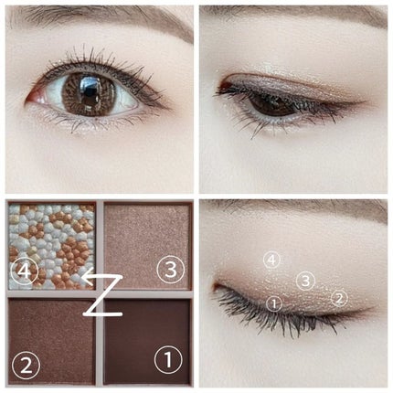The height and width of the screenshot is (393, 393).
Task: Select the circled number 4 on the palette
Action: (x=25, y=271)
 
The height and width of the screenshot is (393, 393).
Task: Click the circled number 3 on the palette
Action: (x=171, y=270)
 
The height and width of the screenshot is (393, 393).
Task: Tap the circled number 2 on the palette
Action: (x=27, y=365)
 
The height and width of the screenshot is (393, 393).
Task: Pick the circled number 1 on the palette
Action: (x=168, y=360)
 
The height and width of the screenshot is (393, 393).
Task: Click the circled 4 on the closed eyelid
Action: (x=271, y=260)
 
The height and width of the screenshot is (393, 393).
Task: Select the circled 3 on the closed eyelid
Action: (x=305, y=281)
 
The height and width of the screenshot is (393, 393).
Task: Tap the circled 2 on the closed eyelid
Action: (x=339, y=298)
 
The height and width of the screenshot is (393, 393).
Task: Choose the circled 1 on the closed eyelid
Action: (x=274, y=303)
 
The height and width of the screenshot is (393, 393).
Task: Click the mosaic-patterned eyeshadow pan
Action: (x=52, y=246)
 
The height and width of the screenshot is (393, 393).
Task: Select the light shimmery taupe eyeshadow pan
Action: (x=147, y=246)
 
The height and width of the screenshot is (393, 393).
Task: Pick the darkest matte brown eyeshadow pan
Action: (x=147, y=342)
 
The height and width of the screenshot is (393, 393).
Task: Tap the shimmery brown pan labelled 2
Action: (x=52, y=342)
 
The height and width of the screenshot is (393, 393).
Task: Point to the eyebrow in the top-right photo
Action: (x=292, y=21)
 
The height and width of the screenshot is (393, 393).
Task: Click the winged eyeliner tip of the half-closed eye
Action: (x=366, y=101)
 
